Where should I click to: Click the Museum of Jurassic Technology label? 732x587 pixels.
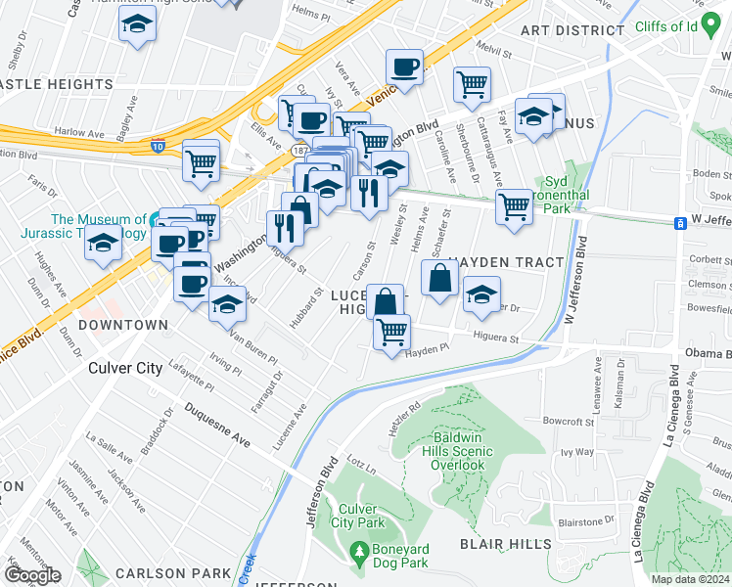click(84, 226)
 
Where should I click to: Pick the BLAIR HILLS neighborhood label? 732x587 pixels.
click(507, 543)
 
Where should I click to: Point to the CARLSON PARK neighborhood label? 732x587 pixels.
click(172, 572)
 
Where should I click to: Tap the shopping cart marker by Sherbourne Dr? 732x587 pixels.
click(472, 85)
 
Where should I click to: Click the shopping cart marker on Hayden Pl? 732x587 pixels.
click(391, 332)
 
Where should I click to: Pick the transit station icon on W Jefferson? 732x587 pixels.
click(679, 223)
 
